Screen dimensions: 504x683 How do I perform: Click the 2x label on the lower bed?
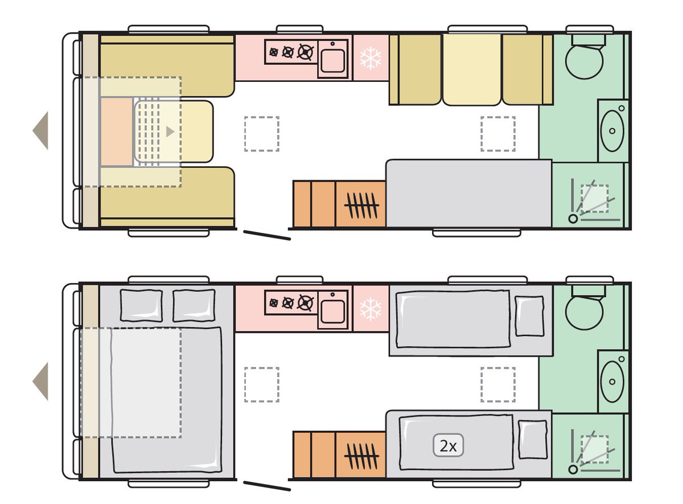(449, 446)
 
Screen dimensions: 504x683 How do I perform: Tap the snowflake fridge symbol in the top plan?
(371, 58)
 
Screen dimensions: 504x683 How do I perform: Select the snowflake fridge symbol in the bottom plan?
(371, 309)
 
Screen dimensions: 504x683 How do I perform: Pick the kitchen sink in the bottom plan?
(333, 310)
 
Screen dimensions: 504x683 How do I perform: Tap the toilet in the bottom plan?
(585, 310)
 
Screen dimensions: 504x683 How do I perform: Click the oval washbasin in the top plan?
(612, 130)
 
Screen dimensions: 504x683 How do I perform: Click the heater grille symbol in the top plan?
(361, 204)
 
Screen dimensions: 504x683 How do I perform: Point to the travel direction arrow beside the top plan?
(41, 130)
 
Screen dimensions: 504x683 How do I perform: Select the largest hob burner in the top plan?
(306, 53)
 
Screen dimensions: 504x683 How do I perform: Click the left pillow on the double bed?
(141, 305)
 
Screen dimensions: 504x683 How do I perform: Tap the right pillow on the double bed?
(194, 305)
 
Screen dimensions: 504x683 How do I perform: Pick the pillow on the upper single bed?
(529, 316)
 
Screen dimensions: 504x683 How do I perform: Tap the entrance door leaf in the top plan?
(267, 235)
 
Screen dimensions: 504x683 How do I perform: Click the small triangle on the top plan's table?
(169, 131)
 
